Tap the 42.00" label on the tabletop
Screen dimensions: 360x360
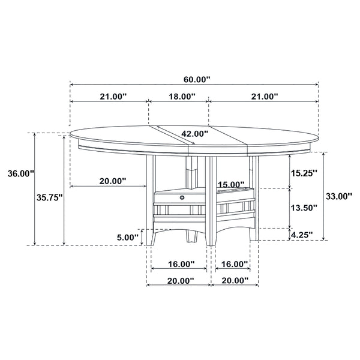coord(194,134)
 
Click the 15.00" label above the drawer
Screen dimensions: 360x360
coord(231,184)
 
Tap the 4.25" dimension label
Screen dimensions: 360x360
coord(302,235)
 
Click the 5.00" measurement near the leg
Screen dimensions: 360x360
coord(128,237)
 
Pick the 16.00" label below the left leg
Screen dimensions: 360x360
coord(179,264)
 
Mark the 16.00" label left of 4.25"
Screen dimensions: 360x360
coord(235,264)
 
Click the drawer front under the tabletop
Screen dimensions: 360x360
coord(180,198)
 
